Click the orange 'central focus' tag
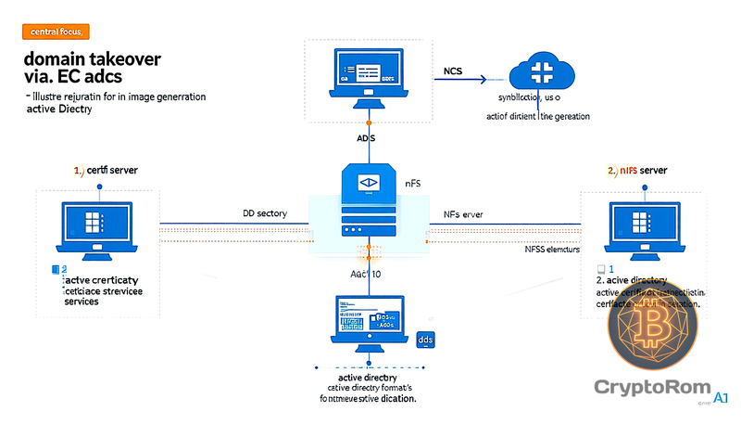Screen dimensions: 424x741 [52, 32]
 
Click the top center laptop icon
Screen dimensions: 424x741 [370, 78]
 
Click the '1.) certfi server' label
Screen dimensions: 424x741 [106, 171]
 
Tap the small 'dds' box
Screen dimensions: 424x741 [426, 340]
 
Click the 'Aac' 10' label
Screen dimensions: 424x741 [366, 275]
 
